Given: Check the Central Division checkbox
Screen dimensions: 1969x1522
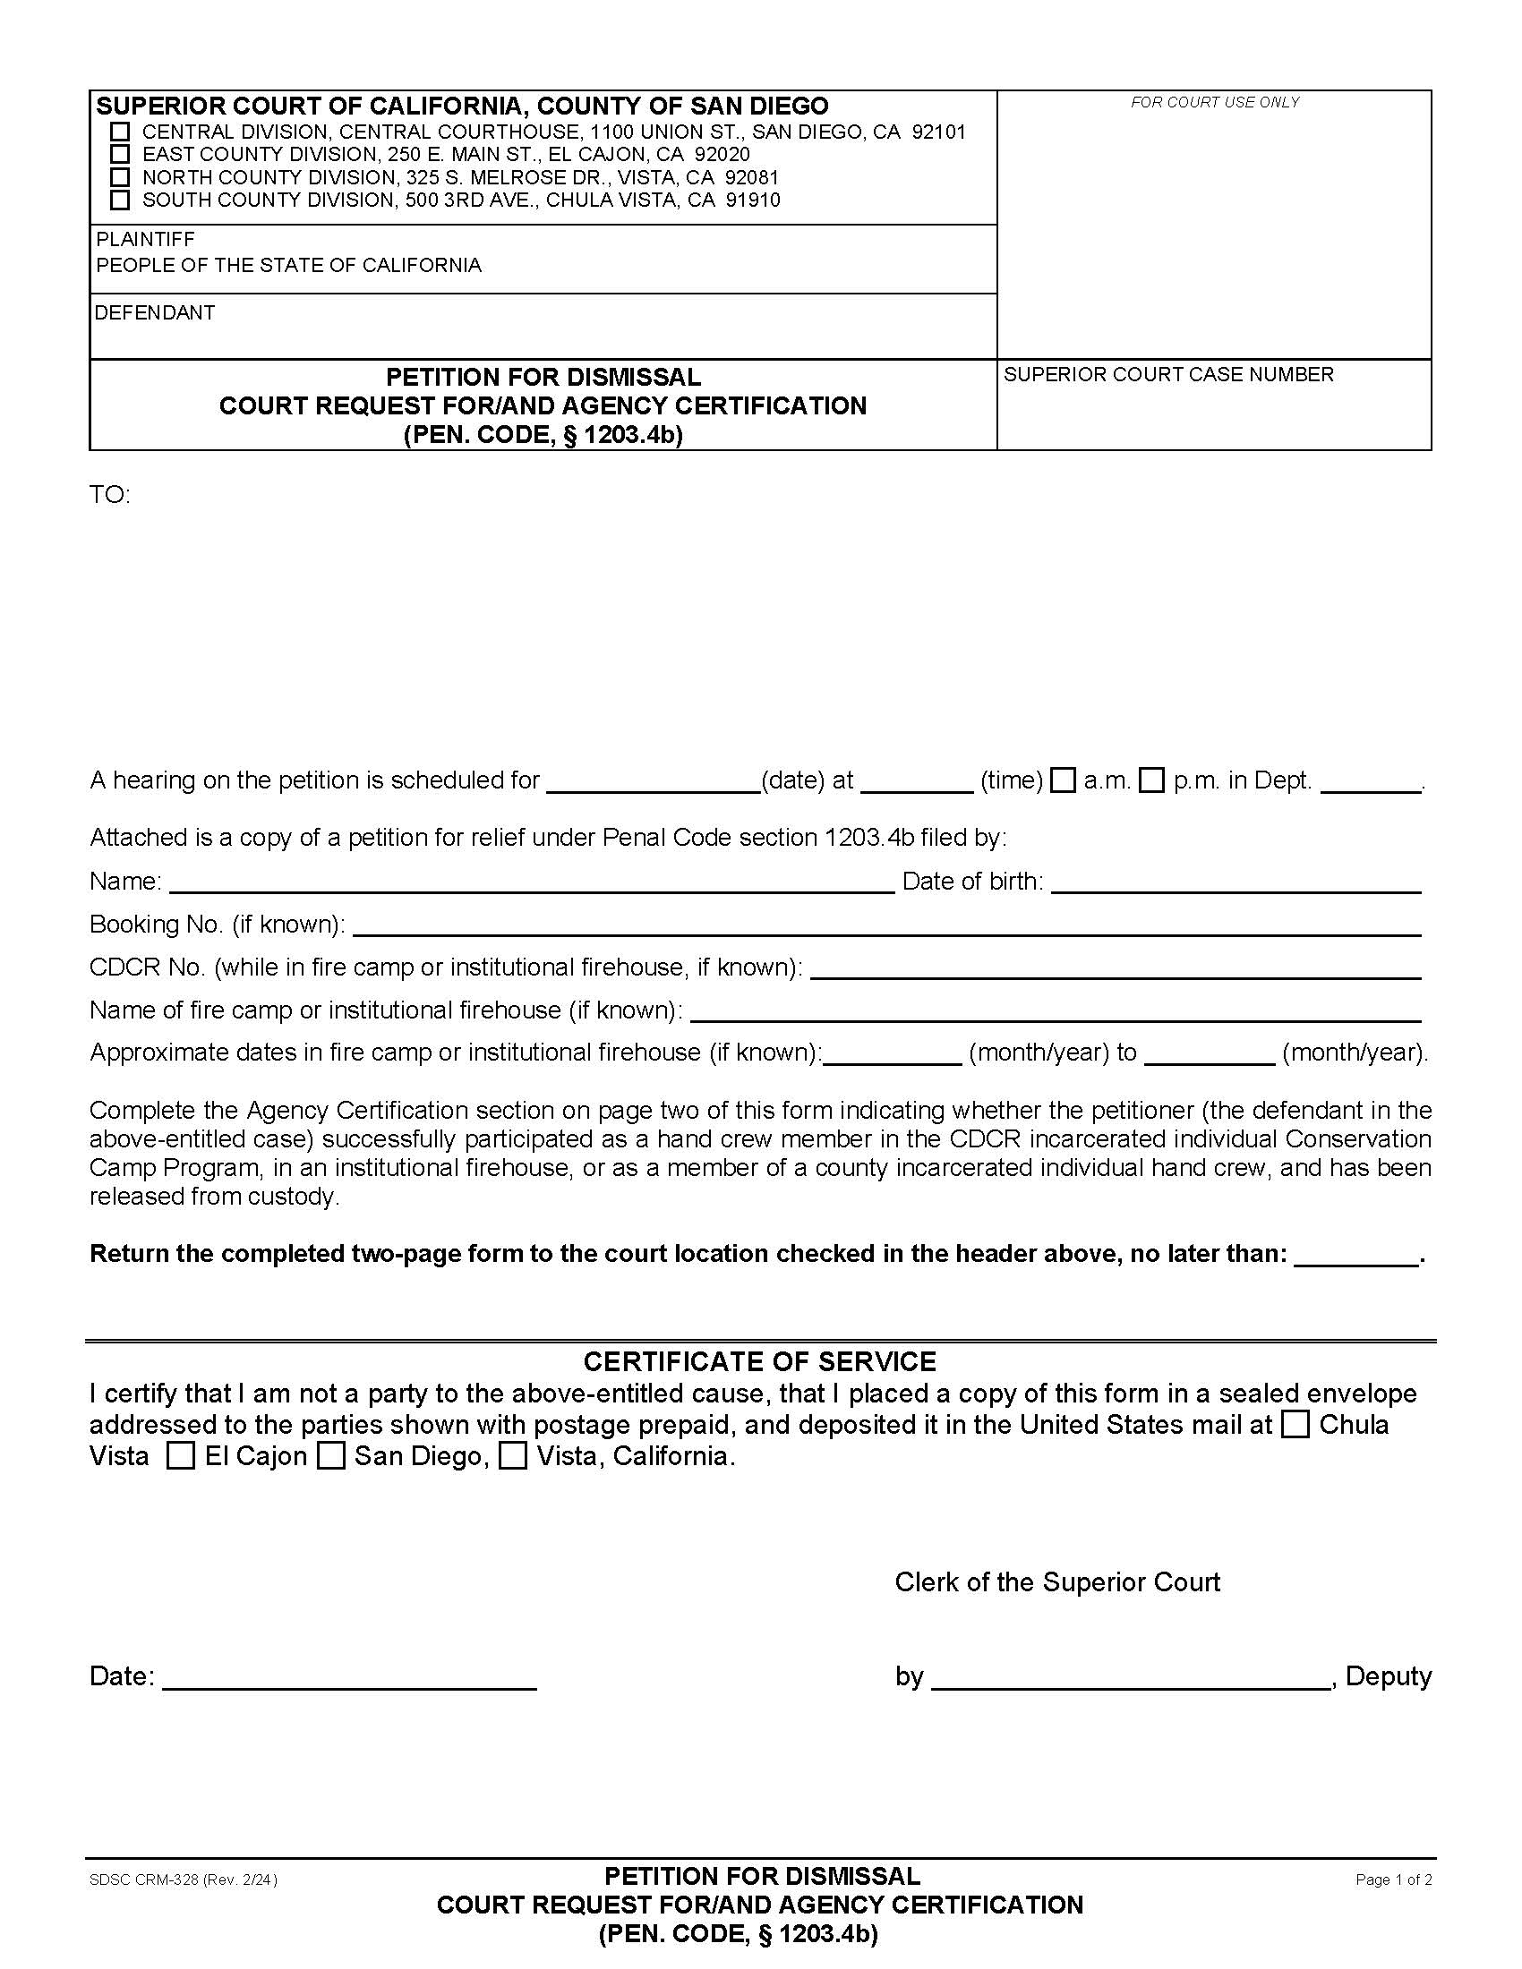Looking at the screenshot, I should coord(120,132).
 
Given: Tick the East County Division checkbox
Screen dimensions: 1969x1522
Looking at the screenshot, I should coord(120,154).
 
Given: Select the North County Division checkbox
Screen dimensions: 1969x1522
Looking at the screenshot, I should coord(120,176).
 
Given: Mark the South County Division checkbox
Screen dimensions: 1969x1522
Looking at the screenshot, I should coord(120,200).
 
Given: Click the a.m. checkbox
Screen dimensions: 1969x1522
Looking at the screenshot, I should coord(1064,780).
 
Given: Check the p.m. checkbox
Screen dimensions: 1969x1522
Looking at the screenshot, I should coord(1151,780).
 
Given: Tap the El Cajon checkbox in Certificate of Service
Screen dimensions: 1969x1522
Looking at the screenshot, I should coord(180,1456).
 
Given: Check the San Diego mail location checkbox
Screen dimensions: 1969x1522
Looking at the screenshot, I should coord(331,1456).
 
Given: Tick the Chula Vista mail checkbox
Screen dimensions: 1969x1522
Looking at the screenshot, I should coord(1295,1425).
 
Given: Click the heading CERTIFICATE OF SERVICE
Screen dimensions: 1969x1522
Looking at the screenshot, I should coord(759,1361).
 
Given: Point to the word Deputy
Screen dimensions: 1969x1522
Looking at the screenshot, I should coord(1388,1676).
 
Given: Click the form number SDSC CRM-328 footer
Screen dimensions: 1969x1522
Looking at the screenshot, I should coord(183,1879).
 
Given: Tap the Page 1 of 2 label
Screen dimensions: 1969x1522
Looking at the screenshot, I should coord(1393,1879).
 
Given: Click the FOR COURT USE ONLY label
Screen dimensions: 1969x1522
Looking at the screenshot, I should coord(1215,103).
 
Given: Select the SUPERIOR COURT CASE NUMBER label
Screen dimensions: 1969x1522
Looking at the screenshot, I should coord(1168,374).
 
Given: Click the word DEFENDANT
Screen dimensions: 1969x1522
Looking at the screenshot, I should coord(155,313).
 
